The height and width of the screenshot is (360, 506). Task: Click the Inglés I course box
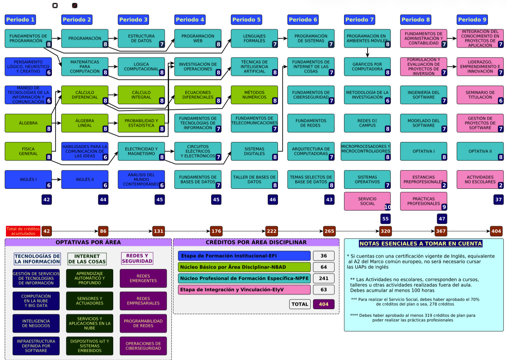pyautogui.click(x=28, y=179)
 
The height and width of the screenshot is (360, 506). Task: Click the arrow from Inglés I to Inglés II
pyautogui.click(x=56, y=179)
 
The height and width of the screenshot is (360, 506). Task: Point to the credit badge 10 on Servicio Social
pyautogui.click(x=387, y=207)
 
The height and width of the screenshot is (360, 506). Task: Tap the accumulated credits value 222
pyautogui.click(x=272, y=231)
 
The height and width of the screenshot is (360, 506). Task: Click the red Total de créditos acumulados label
pyautogui.click(x=23, y=231)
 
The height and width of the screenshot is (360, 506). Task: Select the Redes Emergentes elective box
pyautogui.click(x=143, y=278)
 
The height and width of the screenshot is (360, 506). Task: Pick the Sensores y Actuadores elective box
pyautogui.click(x=90, y=301)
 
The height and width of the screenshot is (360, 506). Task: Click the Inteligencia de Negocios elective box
pyautogui.click(x=36, y=323)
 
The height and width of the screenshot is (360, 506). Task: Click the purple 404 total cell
pyautogui.click(x=324, y=304)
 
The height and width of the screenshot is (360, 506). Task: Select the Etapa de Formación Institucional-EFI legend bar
pyautogui.click(x=244, y=256)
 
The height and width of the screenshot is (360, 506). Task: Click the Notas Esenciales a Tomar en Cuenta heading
pyautogui.click(x=421, y=244)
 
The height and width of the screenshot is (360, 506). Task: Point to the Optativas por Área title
pyautogui.click(x=88, y=242)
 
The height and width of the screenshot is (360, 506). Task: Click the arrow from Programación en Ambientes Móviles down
pyautogui.click(x=367, y=53)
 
